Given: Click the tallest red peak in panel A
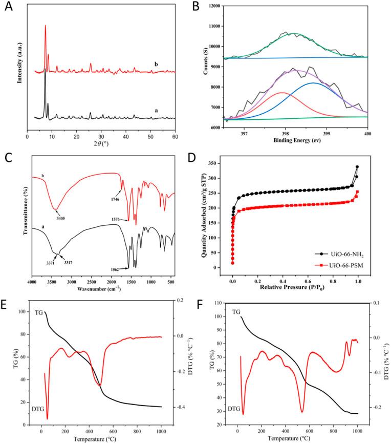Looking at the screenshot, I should tap(46, 26).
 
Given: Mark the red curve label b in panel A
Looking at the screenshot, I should tap(156, 64).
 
